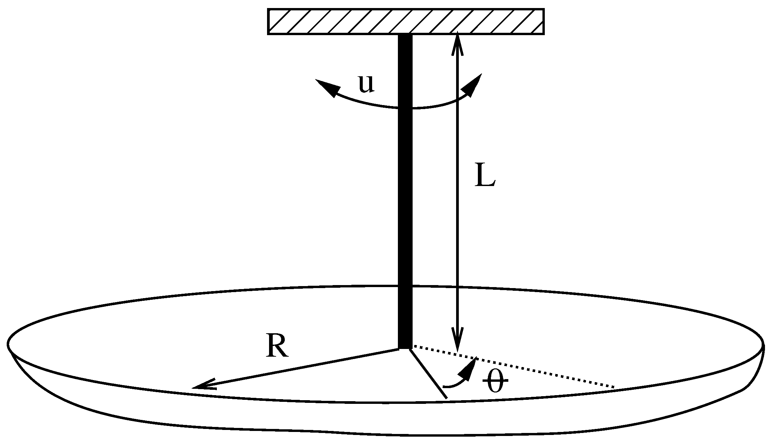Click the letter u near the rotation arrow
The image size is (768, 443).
coord(366,84)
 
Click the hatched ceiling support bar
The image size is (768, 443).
coord(406,21)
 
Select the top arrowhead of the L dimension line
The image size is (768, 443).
coord(457,40)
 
